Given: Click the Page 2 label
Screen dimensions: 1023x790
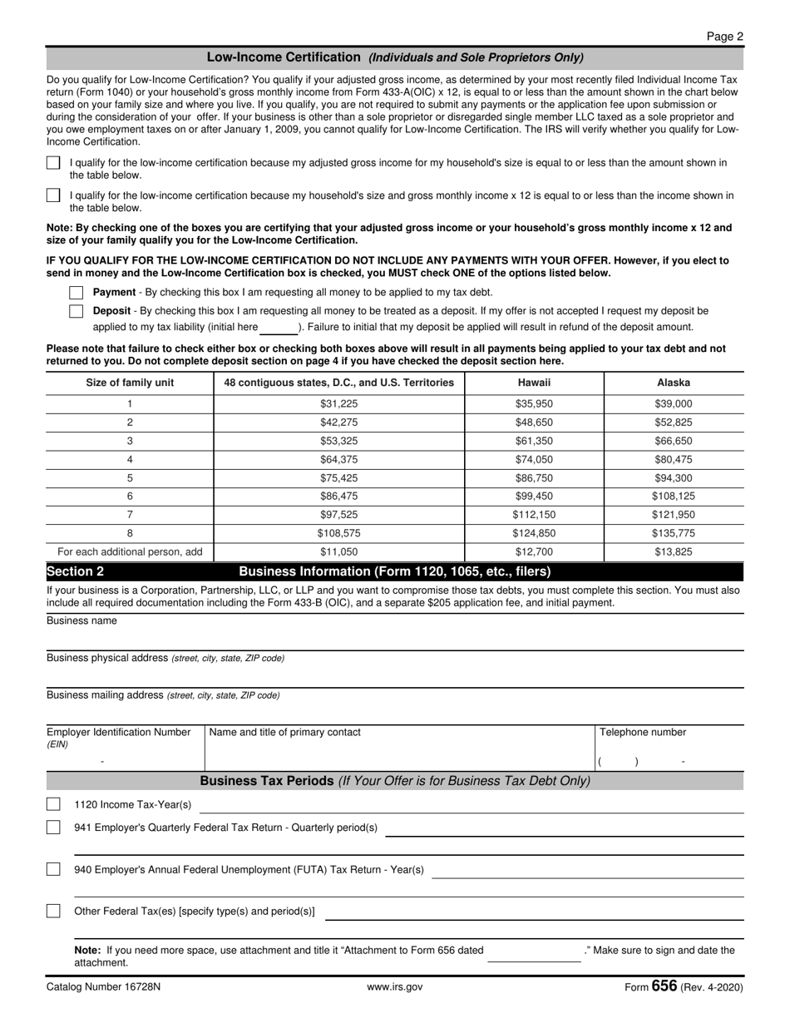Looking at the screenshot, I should click(724, 37).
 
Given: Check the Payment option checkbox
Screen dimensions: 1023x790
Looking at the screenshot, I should click(77, 293).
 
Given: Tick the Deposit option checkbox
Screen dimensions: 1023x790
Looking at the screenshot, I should click(77, 311).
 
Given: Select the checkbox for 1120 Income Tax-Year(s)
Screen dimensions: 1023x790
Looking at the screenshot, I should click(53, 804).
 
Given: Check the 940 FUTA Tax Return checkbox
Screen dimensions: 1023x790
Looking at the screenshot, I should click(53, 869).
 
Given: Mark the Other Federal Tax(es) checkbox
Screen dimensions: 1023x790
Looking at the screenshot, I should click(53, 911).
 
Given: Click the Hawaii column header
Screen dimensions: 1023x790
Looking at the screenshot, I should click(533, 383).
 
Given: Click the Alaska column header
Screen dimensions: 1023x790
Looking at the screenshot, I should click(673, 383).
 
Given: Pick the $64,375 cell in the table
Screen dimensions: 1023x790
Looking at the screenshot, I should click(338, 459).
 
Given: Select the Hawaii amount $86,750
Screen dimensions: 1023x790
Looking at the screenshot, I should click(533, 478).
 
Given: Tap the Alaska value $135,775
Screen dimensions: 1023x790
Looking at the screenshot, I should click(673, 533).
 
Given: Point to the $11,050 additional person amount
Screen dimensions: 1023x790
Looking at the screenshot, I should click(338, 551).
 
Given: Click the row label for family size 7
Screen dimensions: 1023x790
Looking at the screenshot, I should click(130, 515).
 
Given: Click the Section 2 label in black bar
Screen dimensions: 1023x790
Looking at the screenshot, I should click(76, 571).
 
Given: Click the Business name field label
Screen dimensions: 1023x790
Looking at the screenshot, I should click(81, 620).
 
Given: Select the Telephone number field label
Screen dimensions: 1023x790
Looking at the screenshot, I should click(643, 732).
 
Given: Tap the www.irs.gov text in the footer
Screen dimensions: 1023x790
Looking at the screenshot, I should click(394, 987).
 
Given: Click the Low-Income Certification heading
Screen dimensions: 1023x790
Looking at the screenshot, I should click(283, 57).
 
